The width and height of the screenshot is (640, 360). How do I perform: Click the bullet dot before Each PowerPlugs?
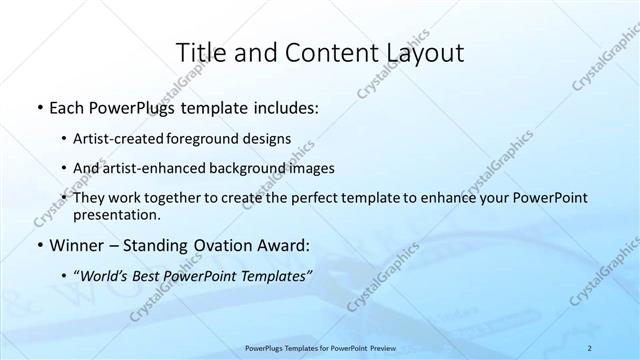(x=38, y=107)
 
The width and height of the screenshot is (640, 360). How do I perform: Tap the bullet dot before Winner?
(x=38, y=244)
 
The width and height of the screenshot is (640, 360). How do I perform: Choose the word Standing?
(x=149, y=244)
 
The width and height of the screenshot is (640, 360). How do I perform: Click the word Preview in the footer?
(x=377, y=348)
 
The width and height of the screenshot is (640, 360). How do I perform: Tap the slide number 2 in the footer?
(x=591, y=348)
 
